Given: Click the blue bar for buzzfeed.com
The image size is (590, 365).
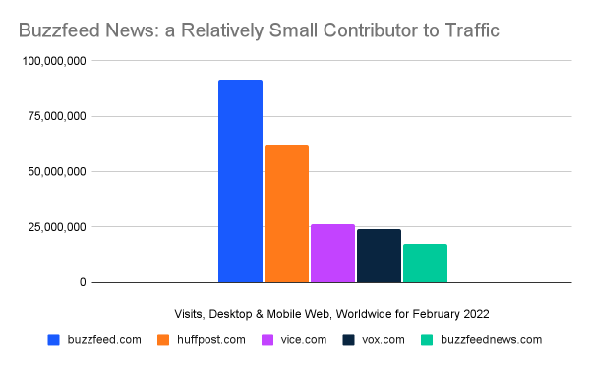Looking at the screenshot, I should (240, 182).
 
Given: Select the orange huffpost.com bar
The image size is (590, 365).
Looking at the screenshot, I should (286, 214).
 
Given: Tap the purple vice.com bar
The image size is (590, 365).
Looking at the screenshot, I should (332, 254).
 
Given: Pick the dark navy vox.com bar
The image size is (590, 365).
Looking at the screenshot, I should (379, 256).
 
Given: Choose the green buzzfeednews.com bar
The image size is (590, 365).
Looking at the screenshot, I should (425, 264).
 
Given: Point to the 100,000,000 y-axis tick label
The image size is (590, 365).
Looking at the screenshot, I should (52, 61).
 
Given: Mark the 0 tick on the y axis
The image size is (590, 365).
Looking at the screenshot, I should (83, 283).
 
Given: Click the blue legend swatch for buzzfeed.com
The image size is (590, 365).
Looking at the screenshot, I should (53, 340).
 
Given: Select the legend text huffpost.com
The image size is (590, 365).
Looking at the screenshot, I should (210, 340).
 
